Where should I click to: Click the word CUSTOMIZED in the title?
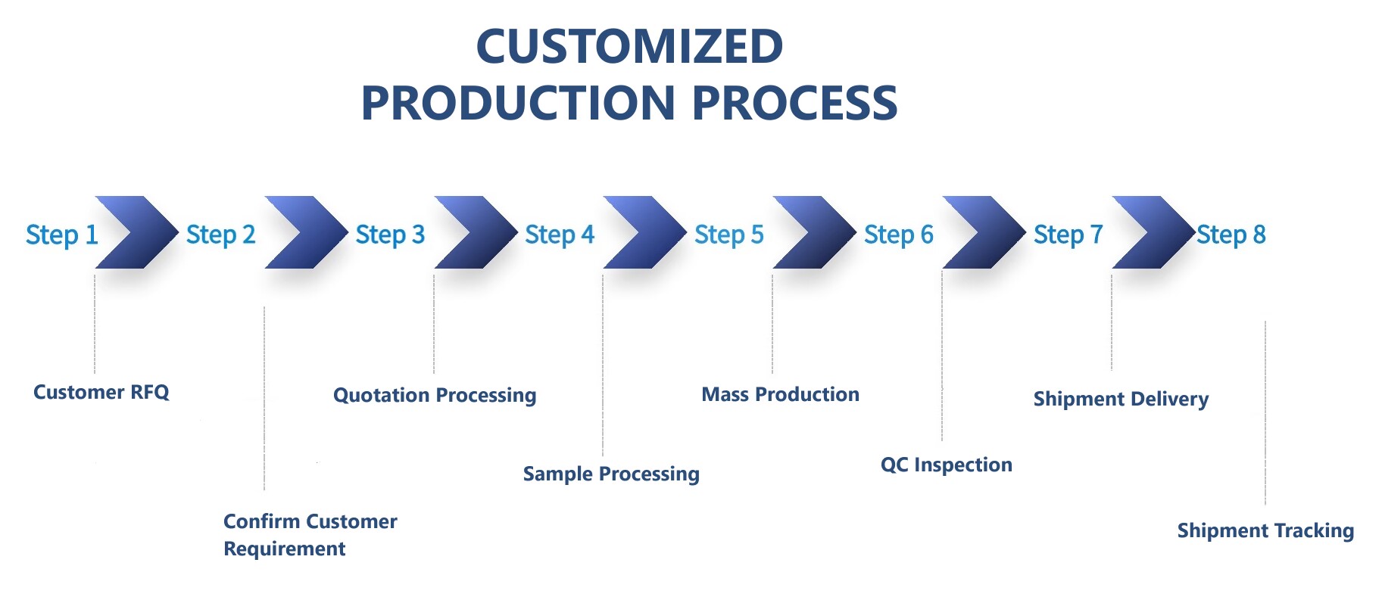pos(629,47)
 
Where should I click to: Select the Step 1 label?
pos(61,235)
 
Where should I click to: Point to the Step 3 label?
pos(390,235)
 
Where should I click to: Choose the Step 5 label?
pos(728,235)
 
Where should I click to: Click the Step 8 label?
pos(1231,235)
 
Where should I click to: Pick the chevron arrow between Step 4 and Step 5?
pos(646,232)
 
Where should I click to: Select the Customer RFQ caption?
pos(101,392)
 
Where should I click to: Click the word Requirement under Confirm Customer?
pos(284,549)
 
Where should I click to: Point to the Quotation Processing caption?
pos(435,395)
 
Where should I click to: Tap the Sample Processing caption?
pos(611,474)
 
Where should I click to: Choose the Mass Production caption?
pos(780,394)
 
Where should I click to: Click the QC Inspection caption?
pos(946,465)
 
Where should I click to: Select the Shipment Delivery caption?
pos(1121,399)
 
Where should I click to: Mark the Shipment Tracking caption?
pos(1265,530)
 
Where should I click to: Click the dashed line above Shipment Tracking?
pos(1265,412)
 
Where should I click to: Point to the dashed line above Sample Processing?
pos(603,363)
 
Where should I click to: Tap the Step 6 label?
pos(898,235)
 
